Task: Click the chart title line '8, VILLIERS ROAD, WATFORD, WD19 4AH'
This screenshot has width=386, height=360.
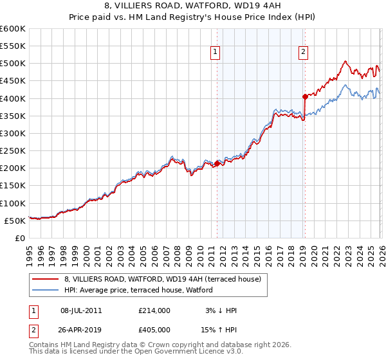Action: (192, 6)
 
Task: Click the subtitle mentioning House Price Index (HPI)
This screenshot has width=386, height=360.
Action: (192, 17)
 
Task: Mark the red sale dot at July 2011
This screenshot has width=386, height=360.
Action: (217, 163)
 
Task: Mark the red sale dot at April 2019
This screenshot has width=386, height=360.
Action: (305, 97)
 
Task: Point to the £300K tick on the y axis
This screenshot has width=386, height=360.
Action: (12, 133)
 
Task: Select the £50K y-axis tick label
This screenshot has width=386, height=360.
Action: (14, 221)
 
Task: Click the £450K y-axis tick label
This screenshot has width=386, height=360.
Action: (12, 81)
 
